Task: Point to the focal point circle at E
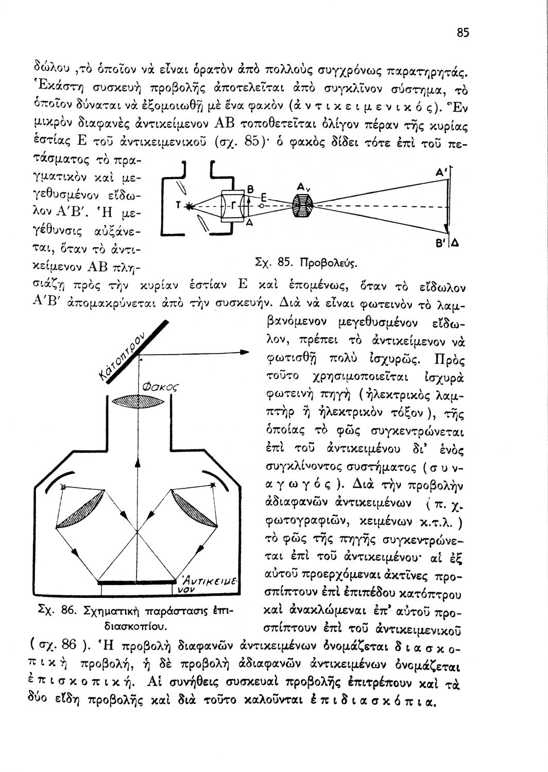pyautogui.click(x=262, y=205)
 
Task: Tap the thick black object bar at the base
pyautogui.click(x=136, y=582)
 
